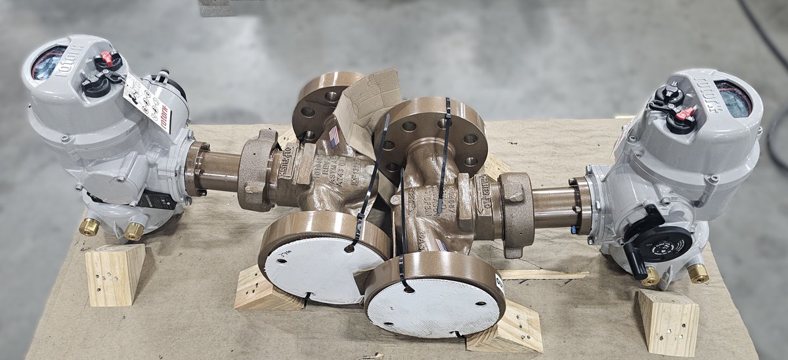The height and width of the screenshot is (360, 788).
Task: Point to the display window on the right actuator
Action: (733, 99)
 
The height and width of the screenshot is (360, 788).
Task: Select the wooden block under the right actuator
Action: (668, 321)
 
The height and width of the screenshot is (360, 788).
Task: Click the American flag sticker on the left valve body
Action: (334, 137)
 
